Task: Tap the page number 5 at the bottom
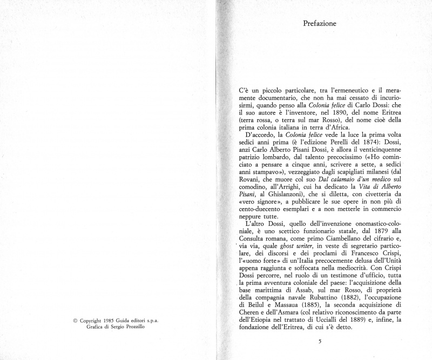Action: point(320,341)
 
